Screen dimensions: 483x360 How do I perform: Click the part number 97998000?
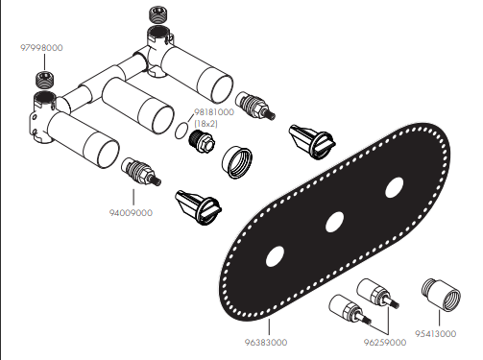[x=41, y=48]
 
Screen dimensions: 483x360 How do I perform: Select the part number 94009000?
[x=131, y=213]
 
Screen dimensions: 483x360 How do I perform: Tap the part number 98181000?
[x=214, y=112]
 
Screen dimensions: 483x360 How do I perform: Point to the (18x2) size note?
[x=205, y=124]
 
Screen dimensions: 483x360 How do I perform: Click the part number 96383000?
[x=266, y=343]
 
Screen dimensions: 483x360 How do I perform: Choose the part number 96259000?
[x=385, y=343]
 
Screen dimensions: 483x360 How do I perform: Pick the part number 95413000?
[x=435, y=334]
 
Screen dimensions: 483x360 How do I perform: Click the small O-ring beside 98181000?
[x=181, y=131]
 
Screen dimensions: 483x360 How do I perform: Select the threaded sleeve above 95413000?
[x=441, y=295]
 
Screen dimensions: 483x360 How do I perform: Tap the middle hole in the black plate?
[x=334, y=222]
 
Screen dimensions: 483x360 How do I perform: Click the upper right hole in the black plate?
[x=395, y=187]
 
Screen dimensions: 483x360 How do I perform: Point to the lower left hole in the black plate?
[x=275, y=256]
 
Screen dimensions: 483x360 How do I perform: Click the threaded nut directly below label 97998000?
[x=44, y=81]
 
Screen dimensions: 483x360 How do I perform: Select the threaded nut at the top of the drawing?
[x=157, y=15]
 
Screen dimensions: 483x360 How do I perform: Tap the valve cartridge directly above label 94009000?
[x=141, y=172]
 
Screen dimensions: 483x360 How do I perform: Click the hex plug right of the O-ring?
[x=202, y=141]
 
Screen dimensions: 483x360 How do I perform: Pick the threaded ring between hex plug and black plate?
[x=236, y=162]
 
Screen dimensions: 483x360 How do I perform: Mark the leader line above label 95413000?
[x=439, y=318]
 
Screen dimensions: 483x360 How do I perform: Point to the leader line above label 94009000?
[x=133, y=197]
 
